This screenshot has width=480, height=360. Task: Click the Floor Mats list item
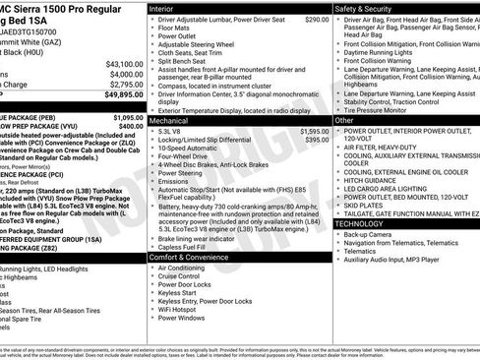point(176,29)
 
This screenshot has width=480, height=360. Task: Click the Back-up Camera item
point(372,235)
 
